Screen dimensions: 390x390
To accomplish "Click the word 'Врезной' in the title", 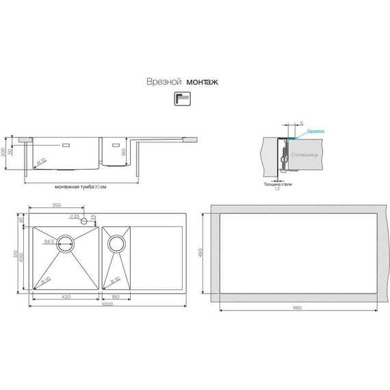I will click(x=161, y=81).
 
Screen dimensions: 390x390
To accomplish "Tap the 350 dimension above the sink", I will click(x=57, y=205).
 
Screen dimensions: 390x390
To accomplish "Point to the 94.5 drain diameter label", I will click(x=49, y=242).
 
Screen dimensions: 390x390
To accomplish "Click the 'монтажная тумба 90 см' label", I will click(x=81, y=186).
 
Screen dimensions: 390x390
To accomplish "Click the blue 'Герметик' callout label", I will click(x=315, y=131).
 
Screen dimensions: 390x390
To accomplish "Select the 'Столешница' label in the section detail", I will click(x=304, y=156).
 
